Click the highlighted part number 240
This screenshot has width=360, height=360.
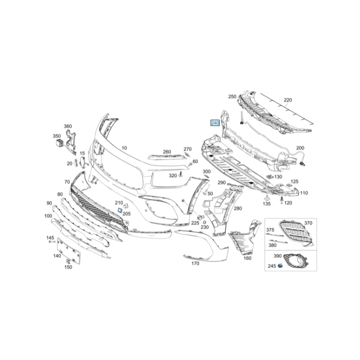215,123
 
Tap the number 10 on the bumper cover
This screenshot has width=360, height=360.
124,148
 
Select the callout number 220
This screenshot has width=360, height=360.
288,100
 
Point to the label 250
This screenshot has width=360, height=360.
232,97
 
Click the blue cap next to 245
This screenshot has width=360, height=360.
280,265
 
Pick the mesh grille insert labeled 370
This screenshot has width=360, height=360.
296,233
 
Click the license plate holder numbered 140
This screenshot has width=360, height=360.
69,251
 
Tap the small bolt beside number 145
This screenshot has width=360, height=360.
52,242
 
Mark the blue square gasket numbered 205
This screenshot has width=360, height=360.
120,210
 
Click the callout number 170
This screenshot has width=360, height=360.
195,263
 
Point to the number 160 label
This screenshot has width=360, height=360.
247,258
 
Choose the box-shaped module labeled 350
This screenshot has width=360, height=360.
59,143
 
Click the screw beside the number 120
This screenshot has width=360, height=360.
282,200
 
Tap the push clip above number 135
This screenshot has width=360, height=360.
267,197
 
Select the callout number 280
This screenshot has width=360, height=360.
238,208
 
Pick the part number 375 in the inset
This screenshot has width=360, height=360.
270,230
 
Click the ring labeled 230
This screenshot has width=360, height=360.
205,222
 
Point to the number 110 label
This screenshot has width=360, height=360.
304,193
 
